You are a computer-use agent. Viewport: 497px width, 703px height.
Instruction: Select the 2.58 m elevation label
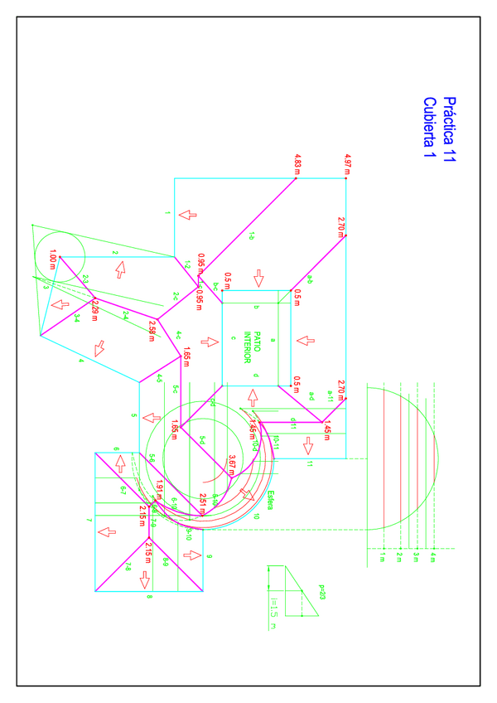pos(152,329)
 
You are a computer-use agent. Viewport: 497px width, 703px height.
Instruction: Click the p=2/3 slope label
pos(322,593)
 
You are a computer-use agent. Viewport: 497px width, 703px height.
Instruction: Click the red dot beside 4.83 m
pos(297,176)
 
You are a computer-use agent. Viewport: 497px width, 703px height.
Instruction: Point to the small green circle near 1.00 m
pos(60,257)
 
